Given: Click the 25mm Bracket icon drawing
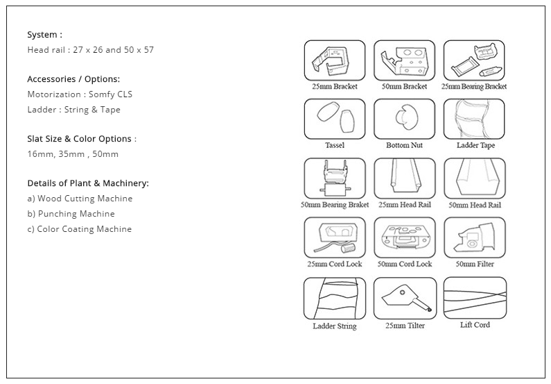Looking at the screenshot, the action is pos(335,60).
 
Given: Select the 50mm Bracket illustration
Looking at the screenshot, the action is pos(404,60).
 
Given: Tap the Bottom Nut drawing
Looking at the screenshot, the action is pos(404,119).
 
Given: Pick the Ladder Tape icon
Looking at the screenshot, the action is pos(474,119).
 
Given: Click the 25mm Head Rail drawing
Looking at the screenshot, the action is pos(405,178).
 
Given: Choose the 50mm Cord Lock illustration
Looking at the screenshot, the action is pos(405,237).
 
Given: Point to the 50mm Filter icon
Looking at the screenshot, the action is pos(475,237).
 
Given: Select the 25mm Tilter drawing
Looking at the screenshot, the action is pos(405,298).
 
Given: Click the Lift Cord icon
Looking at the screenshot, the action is pos(475,298).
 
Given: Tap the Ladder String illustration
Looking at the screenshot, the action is pos(335,298).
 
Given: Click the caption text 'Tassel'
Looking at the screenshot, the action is pos(335,145).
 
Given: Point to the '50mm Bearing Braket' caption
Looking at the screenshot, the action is pos(335,204).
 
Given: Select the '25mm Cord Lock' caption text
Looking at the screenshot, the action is pos(335,264).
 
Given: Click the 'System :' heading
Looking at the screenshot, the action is pos(44,35).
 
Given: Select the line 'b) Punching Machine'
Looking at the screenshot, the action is pos(71,214).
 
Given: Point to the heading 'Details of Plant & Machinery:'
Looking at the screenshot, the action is pos(88,183).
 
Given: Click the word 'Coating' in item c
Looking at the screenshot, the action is pos(79,229).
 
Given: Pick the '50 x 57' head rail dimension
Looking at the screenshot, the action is pos(139,50).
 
